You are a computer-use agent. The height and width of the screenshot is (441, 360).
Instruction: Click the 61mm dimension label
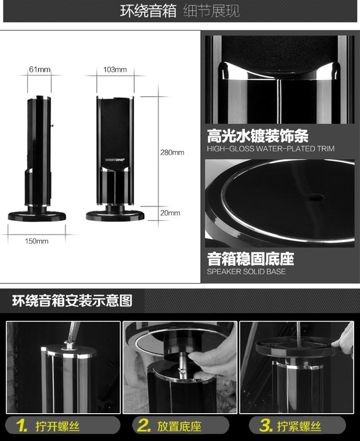[x=40, y=70]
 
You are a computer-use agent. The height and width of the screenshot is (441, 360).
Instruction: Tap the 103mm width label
[x=115, y=70]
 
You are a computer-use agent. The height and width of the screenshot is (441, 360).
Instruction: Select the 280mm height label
[x=172, y=153]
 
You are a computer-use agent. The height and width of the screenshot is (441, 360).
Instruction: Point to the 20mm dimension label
[x=170, y=213]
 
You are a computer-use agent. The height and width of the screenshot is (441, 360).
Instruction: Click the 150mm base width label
[x=36, y=241]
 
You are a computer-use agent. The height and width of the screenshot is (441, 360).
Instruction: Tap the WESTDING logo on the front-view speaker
[x=115, y=160]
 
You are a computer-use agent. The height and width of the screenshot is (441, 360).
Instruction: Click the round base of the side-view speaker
[x=37, y=216]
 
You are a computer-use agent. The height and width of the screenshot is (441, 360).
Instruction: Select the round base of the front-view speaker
[x=115, y=216]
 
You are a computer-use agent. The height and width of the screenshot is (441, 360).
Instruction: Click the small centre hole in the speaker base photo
[x=315, y=197]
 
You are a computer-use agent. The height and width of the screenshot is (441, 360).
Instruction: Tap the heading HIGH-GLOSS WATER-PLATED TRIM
[x=271, y=149]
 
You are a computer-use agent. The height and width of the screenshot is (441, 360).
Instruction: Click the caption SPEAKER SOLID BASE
[x=246, y=272]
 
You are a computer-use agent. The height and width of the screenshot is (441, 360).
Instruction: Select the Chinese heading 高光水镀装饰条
[x=258, y=136]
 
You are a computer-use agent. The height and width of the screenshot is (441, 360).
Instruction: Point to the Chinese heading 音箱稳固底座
[x=251, y=259]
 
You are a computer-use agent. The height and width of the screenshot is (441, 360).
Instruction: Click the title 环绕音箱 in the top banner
[x=148, y=11]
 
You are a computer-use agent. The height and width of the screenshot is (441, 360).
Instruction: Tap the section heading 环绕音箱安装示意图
[x=72, y=300]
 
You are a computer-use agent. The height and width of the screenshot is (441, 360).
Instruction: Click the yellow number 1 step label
[x=22, y=426]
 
